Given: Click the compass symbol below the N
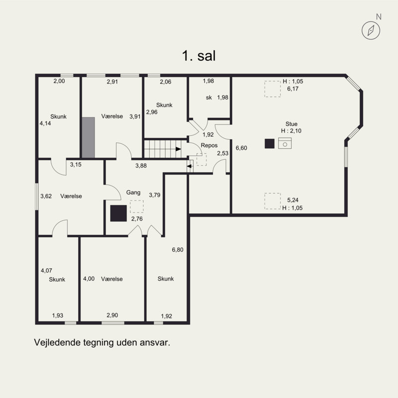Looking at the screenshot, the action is coord(371,30).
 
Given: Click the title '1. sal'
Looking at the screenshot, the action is coord(199,56).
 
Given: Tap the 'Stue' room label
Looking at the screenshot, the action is coord(292,124).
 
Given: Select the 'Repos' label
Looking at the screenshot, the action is coord(209,145).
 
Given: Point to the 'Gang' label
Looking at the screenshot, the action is coord(133,193).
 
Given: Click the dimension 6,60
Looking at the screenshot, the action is coord(241,148).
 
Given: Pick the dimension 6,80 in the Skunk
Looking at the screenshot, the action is coord(178,250).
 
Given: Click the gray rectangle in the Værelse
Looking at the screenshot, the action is coord(89,137).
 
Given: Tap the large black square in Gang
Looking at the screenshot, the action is coord(118,213).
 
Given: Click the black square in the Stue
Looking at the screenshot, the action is coord(270,144).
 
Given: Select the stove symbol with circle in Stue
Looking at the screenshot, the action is coord(285,143).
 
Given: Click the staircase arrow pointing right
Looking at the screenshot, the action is coord(179,149).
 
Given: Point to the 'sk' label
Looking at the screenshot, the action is coord(209,98).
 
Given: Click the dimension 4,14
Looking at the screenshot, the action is coord(45,123).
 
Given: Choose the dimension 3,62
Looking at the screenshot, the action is coord(46,196).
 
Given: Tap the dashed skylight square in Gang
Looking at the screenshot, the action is coord(137,206).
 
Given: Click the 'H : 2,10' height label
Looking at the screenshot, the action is coord(291,131).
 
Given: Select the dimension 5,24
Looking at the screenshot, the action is coord(293,200).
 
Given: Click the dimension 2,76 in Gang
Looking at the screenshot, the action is coord(137,219).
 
